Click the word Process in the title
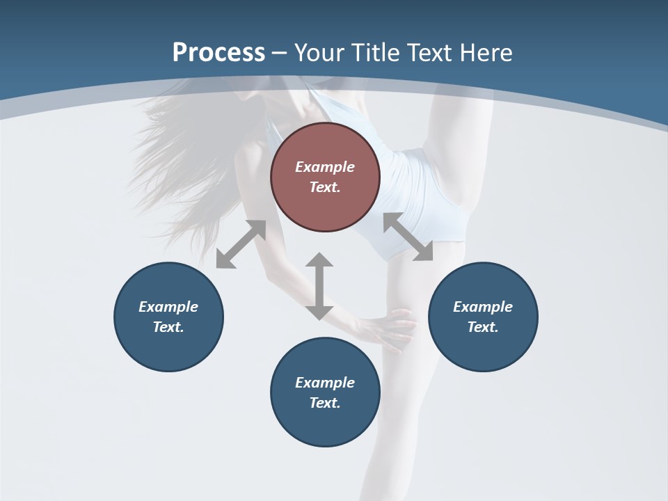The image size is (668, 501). click(218, 53)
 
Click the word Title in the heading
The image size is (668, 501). click(377, 53)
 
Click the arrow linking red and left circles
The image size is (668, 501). click(241, 244)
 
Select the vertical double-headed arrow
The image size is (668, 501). click(319, 286)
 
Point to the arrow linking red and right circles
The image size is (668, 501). click(408, 237)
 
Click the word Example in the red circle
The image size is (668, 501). click(325, 167)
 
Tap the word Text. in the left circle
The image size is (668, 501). click(168, 327)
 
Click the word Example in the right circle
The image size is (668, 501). click(483, 307)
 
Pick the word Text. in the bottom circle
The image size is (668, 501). click(325, 403)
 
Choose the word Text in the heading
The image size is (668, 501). click(434, 53)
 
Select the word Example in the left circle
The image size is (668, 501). click(168, 307)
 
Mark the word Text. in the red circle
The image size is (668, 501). click(325, 187)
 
